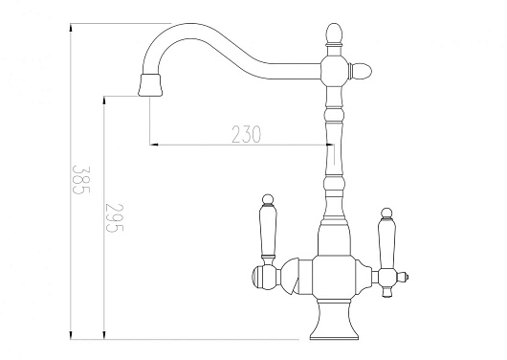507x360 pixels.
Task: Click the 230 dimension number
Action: pyautogui.click(x=246, y=134)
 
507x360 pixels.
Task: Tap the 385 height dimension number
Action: pyautogui.click(x=80, y=180)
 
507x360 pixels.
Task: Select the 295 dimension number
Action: pyautogui.click(x=114, y=217)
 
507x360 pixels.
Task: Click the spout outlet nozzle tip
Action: pyautogui.click(x=149, y=85)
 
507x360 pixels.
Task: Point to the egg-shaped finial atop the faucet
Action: pyautogui.click(x=334, y=34)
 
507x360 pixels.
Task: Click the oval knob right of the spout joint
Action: pyautogui.click(x=361, y=71)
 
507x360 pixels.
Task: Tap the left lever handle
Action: pyautogui.click(x=268, y=228)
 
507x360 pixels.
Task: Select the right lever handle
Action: pyautogui.click(x=386, y=239)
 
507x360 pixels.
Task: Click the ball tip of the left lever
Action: pyautogui.click(x=268, y=199)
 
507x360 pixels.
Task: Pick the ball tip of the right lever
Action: pyautogui.click(x=386, y=214)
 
